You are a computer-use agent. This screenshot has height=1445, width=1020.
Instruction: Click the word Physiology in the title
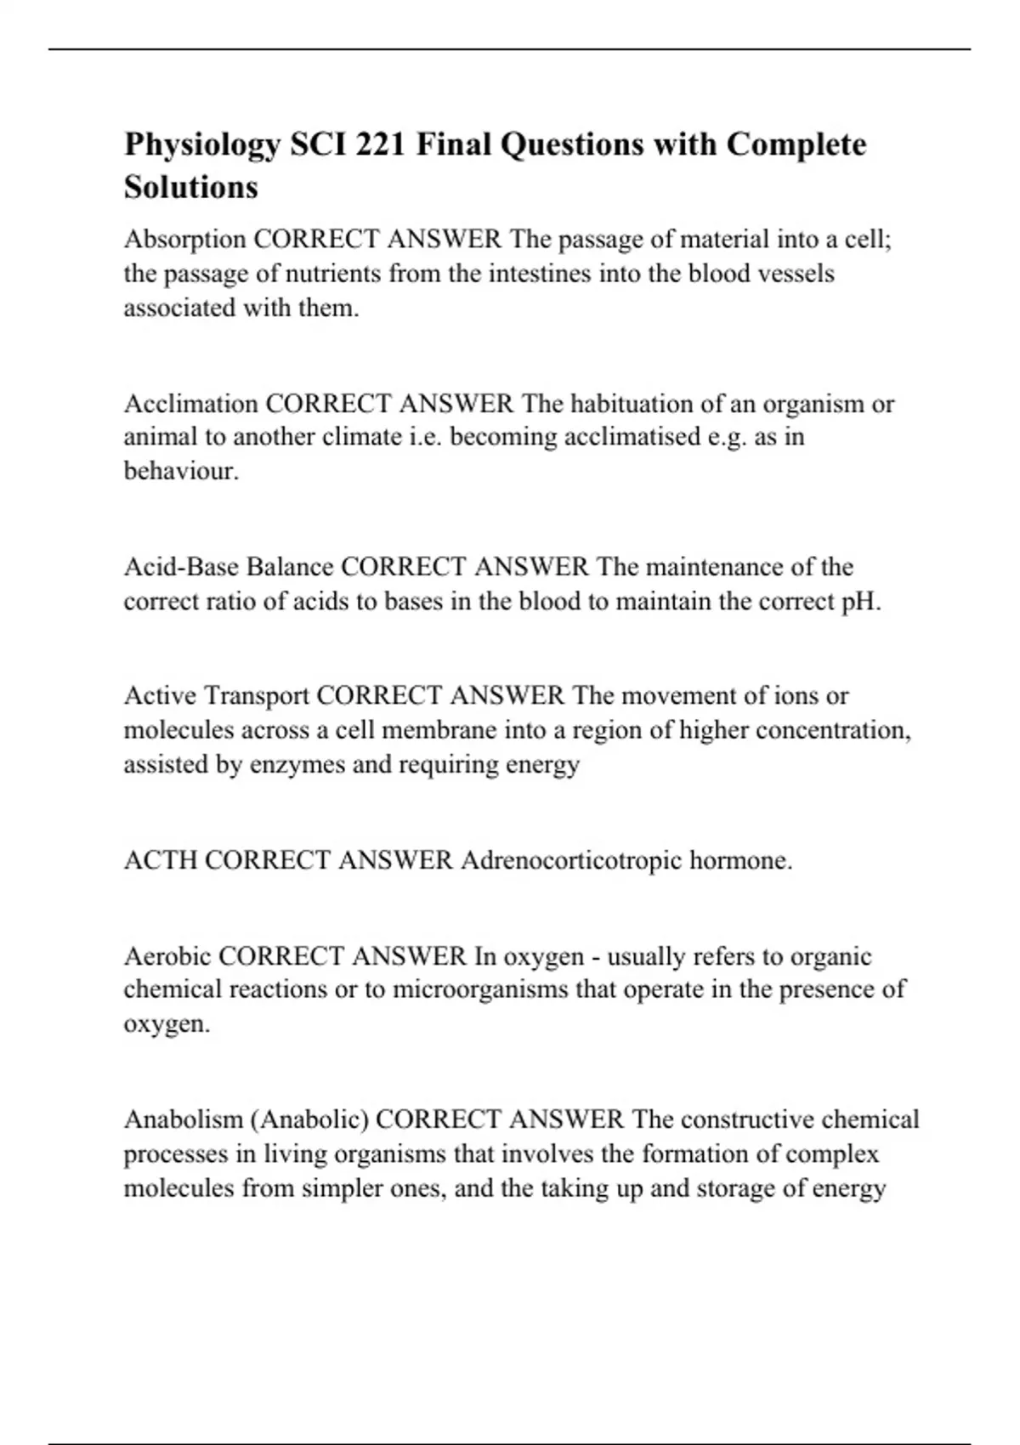(x=202, y=145)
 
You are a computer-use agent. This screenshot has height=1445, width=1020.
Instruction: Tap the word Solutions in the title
(x=191, y=187)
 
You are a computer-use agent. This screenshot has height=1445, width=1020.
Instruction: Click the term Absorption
(x=185, y=240)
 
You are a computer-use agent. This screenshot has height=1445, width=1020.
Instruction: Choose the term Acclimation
(x=191, y=403)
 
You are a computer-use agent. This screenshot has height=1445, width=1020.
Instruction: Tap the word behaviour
(x=181, y=471)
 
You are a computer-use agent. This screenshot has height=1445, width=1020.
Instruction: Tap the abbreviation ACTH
(x=161, y=861)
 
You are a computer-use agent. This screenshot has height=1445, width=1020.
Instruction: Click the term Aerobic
(x=167, y=957)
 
